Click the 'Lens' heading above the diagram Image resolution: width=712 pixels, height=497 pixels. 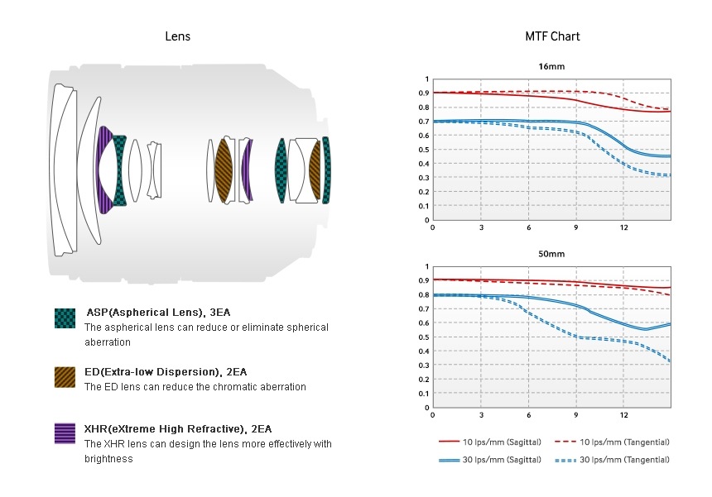178,36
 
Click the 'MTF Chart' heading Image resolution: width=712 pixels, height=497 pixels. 552,36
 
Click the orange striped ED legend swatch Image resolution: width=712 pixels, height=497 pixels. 65,377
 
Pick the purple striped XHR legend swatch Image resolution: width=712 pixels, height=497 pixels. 65,433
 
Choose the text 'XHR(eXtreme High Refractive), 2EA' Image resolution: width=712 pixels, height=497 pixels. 177,428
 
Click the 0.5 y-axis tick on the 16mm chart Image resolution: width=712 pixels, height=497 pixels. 426,149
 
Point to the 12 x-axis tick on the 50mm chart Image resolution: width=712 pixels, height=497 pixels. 624,414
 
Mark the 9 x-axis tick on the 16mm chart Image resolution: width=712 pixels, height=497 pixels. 576,227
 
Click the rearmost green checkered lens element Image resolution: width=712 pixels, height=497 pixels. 326,170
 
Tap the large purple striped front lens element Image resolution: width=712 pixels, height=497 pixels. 104,170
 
